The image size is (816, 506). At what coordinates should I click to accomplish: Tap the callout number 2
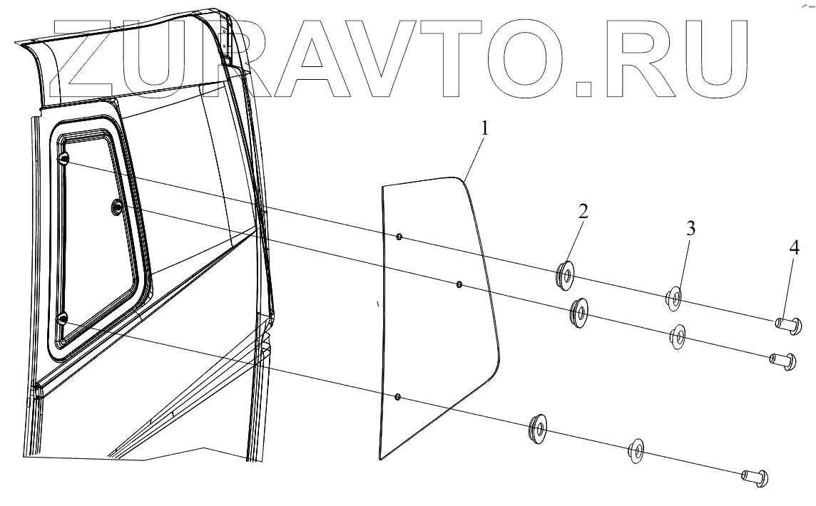click(x=583, y=211)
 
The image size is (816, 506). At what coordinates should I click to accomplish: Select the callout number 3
click(x=690, y=229)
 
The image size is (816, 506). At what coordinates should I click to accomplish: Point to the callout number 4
click(x=794, y=249)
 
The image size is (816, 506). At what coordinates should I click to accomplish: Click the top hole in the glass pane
click(x=399, y=237)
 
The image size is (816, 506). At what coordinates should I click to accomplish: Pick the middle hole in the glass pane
click(x=459, y=286)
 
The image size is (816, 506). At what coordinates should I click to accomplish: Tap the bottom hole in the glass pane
click(x=398, y=396)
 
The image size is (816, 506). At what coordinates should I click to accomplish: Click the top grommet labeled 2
click(x=566, y=274)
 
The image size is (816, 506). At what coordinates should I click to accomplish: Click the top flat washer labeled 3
click(x=673, y=296)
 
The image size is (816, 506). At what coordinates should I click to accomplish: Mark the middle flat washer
click(x=676, y=335)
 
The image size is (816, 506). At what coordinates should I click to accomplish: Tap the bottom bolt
click(x=754, y=476)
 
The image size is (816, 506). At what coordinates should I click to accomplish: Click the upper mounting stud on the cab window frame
click(x=63, y=159)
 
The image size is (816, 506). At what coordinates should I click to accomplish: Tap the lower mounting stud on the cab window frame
click(x=62, y=319)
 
